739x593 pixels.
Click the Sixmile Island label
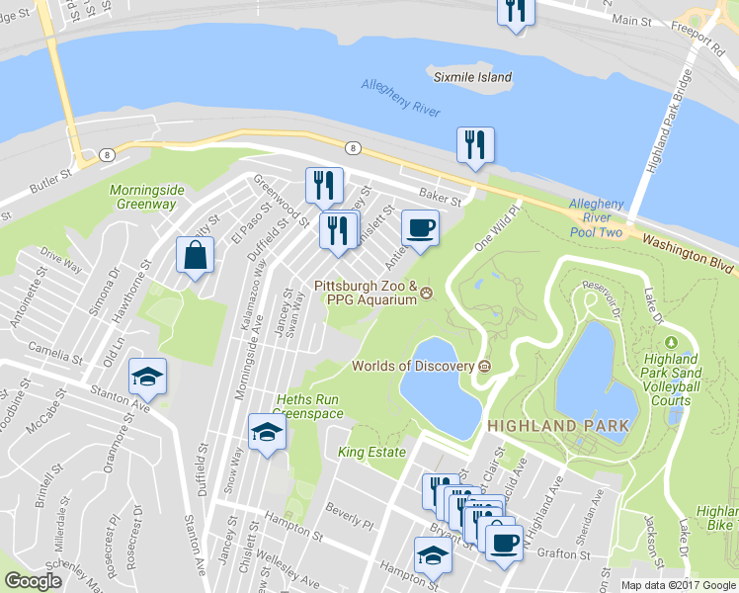tap(472, 77)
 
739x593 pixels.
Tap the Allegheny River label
tap(400, 98)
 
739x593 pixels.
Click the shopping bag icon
tap(195, 255)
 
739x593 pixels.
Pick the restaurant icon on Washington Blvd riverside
tap(474, 145)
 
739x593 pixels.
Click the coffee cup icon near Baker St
tap(420, 228)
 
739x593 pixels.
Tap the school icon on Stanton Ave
tap(147, 376)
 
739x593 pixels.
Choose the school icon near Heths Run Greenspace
tap(266, 432)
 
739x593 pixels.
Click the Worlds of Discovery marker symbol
tap(485, 367)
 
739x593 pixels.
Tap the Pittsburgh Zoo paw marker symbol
tap(427, 292)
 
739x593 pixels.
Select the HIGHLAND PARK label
tap(557, 425)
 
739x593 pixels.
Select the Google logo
tap(33, 580)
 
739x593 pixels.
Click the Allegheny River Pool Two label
tap(597, 217)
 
